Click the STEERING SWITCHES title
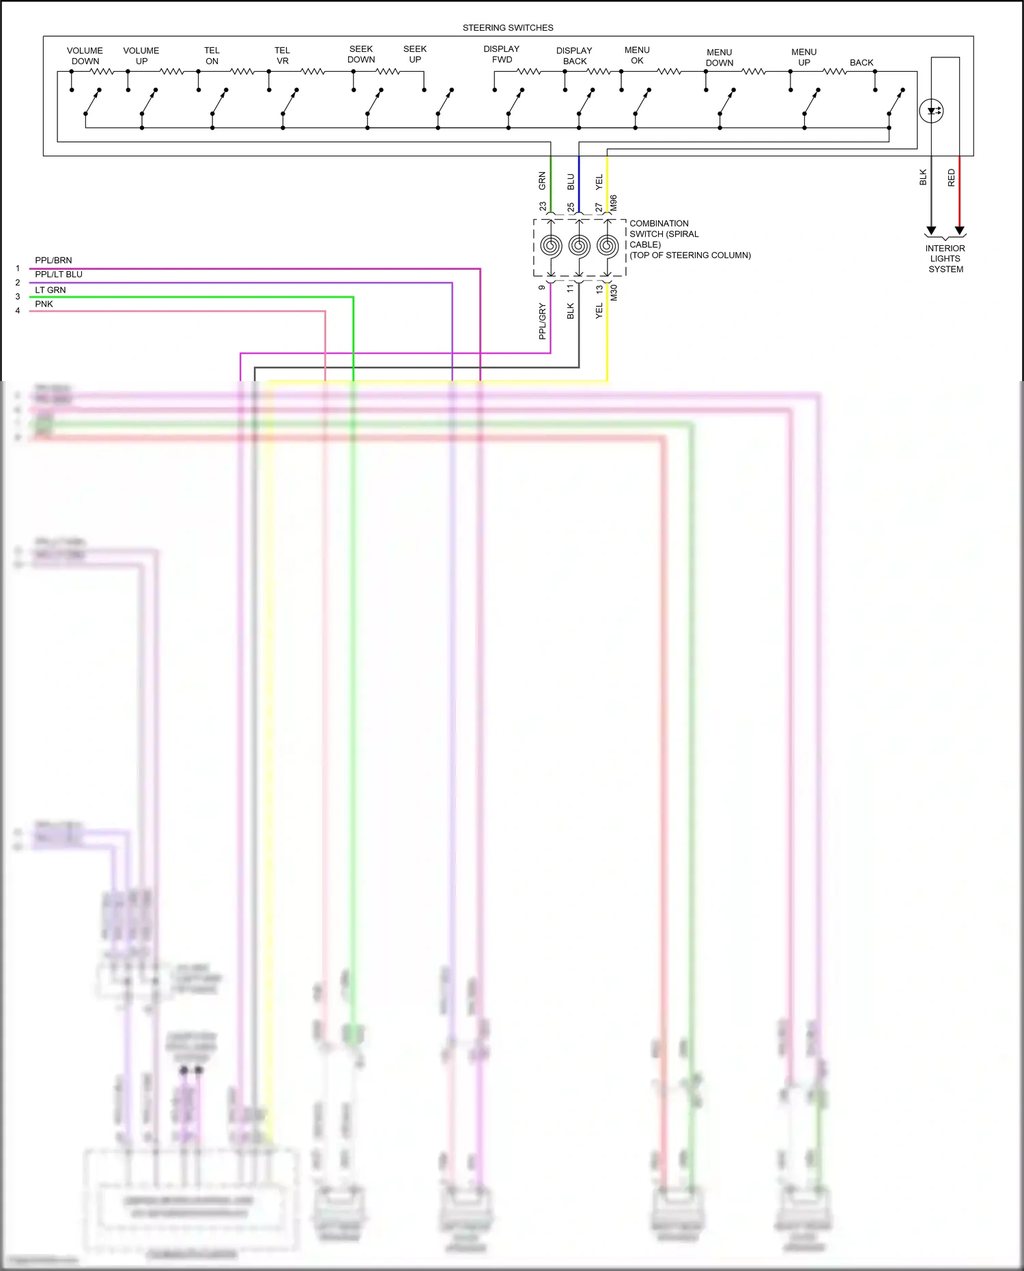[x=508, y=28]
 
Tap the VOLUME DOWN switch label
[x=85, y=56]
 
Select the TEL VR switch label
[x=283, y=56]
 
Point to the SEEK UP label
[x=415, y=54]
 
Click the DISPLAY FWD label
[x=502, y=54]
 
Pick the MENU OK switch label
[x=637, y=55]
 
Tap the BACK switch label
[x=862, y=63]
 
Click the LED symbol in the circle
[x=931, y=111]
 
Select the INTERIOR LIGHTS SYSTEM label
[x=945, y=259]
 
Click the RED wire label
[x=952, y=178]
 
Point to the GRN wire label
[x=543, y=181]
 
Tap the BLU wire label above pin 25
[x=571, y=182]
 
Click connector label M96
[x=614, y=203]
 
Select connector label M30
[x=614, y=293]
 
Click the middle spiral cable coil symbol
[x=579, y=246]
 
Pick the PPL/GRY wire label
[x=543, y=322]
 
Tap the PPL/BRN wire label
[x=53, y=261]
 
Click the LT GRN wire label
[x=51, y=290]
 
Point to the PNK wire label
[x=44, y=305]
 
